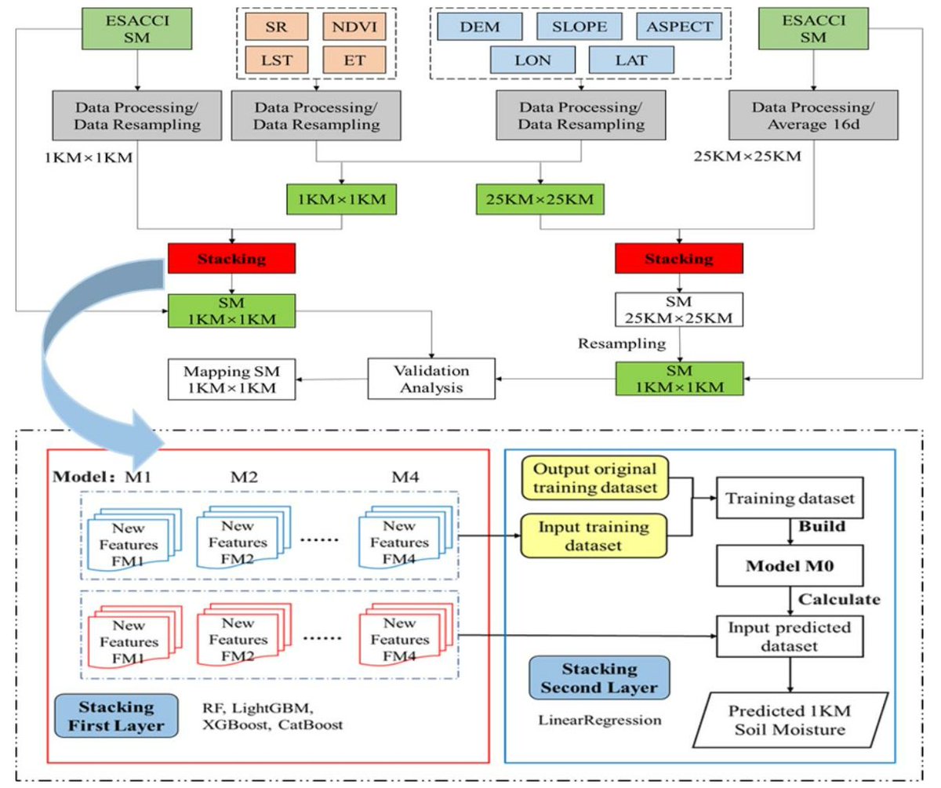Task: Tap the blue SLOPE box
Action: pyautogui.click(x=580, y=26)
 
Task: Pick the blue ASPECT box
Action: pyautogui.click(x=679, y=26)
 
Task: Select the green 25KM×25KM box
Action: pyautogui.click(x=540, y=199)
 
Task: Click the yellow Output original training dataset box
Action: pyautogui.click(x=594, y=478)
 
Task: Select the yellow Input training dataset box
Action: pyautogui.click(x=594, y=536)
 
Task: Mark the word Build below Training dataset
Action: pyautogui.click(x=822, y=526)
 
